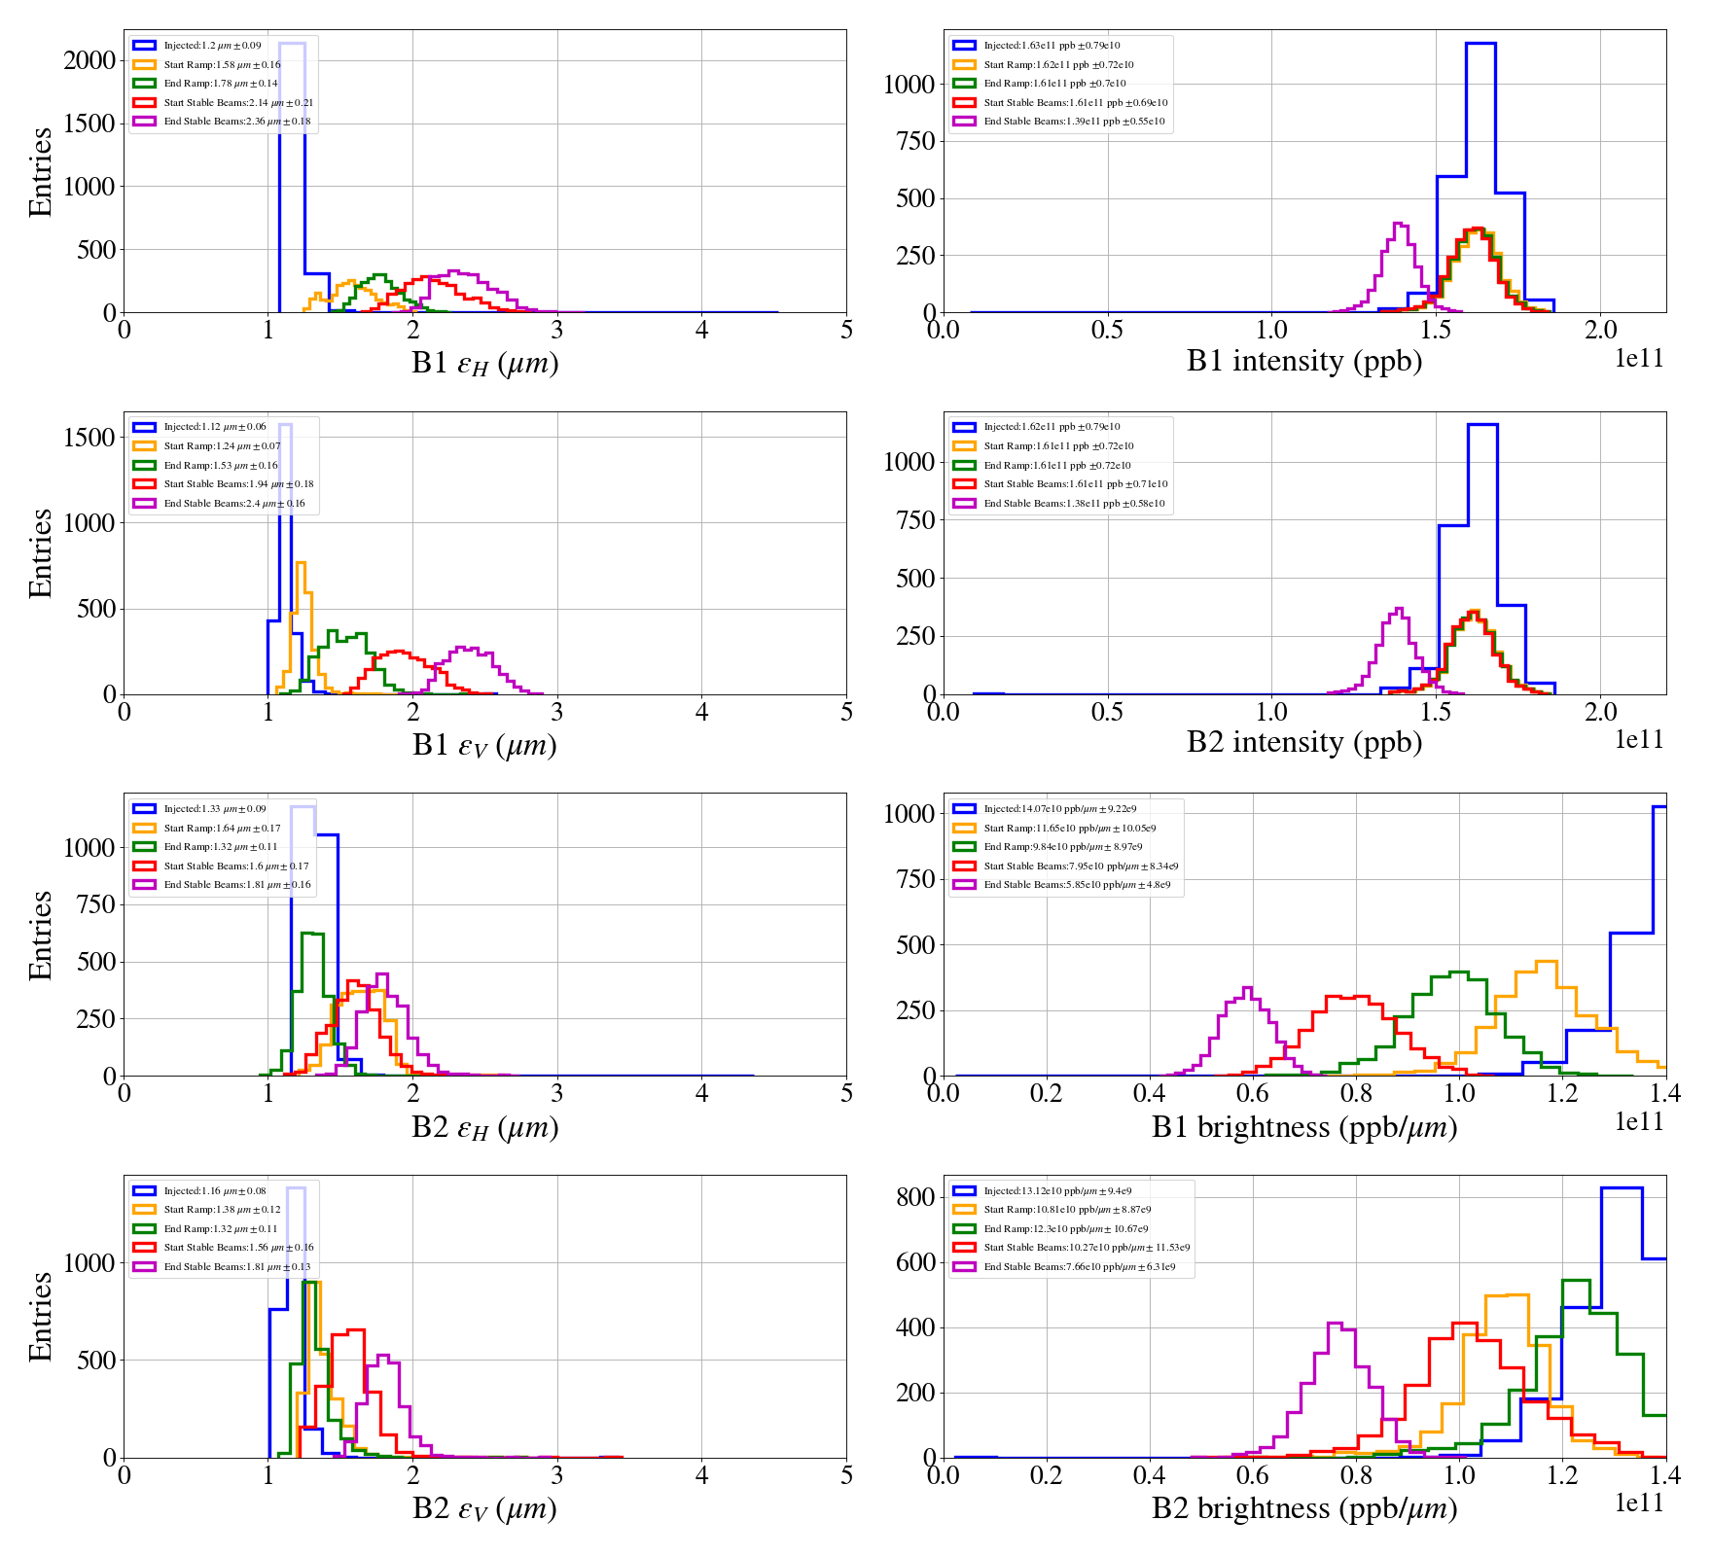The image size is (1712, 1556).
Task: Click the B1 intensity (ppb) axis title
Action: click(1303, 362)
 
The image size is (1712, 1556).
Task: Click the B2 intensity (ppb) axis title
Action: click(1303, 743)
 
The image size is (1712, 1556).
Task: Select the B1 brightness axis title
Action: click(1303, 1127)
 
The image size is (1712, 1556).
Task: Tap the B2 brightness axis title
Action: click(1303, 1508)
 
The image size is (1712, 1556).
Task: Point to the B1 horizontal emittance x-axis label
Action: click(484, 363)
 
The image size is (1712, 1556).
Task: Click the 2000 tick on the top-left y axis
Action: click(89, 60)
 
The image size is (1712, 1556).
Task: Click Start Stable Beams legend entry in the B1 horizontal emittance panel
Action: click(238, 102)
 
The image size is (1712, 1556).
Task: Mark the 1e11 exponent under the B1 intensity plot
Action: click(1639, 359)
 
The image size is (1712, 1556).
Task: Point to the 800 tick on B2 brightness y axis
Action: click(914, 1197)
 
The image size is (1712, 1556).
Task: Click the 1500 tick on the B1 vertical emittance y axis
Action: click(89, 438)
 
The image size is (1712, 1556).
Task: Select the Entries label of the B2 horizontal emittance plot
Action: click(40, 935)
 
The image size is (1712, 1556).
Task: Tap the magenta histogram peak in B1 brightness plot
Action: click(1247, 989)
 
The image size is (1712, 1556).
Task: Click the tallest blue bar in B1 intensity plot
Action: click(1480, 45)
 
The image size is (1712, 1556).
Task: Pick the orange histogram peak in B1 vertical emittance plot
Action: click(301, 564)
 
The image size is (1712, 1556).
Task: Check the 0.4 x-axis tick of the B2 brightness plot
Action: click(1150, 1475)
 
